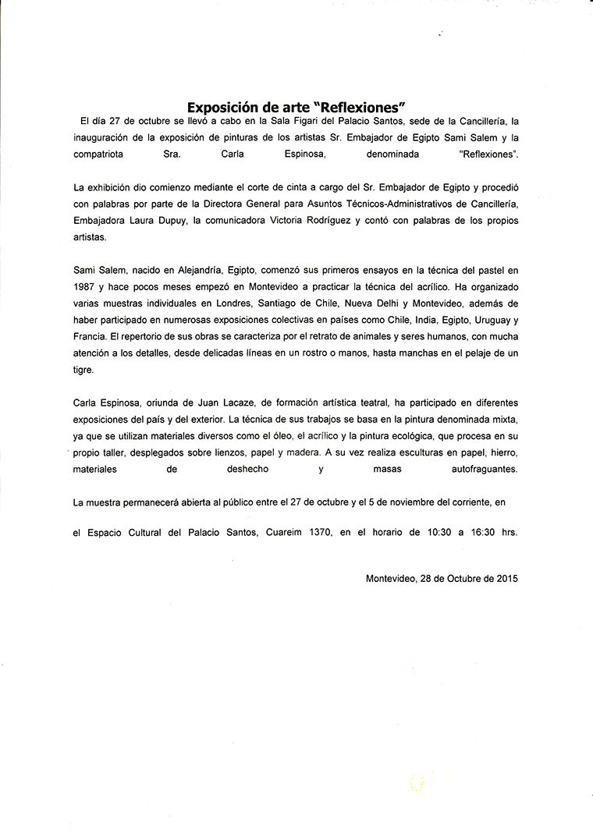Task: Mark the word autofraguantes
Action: [x=484, y=470]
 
